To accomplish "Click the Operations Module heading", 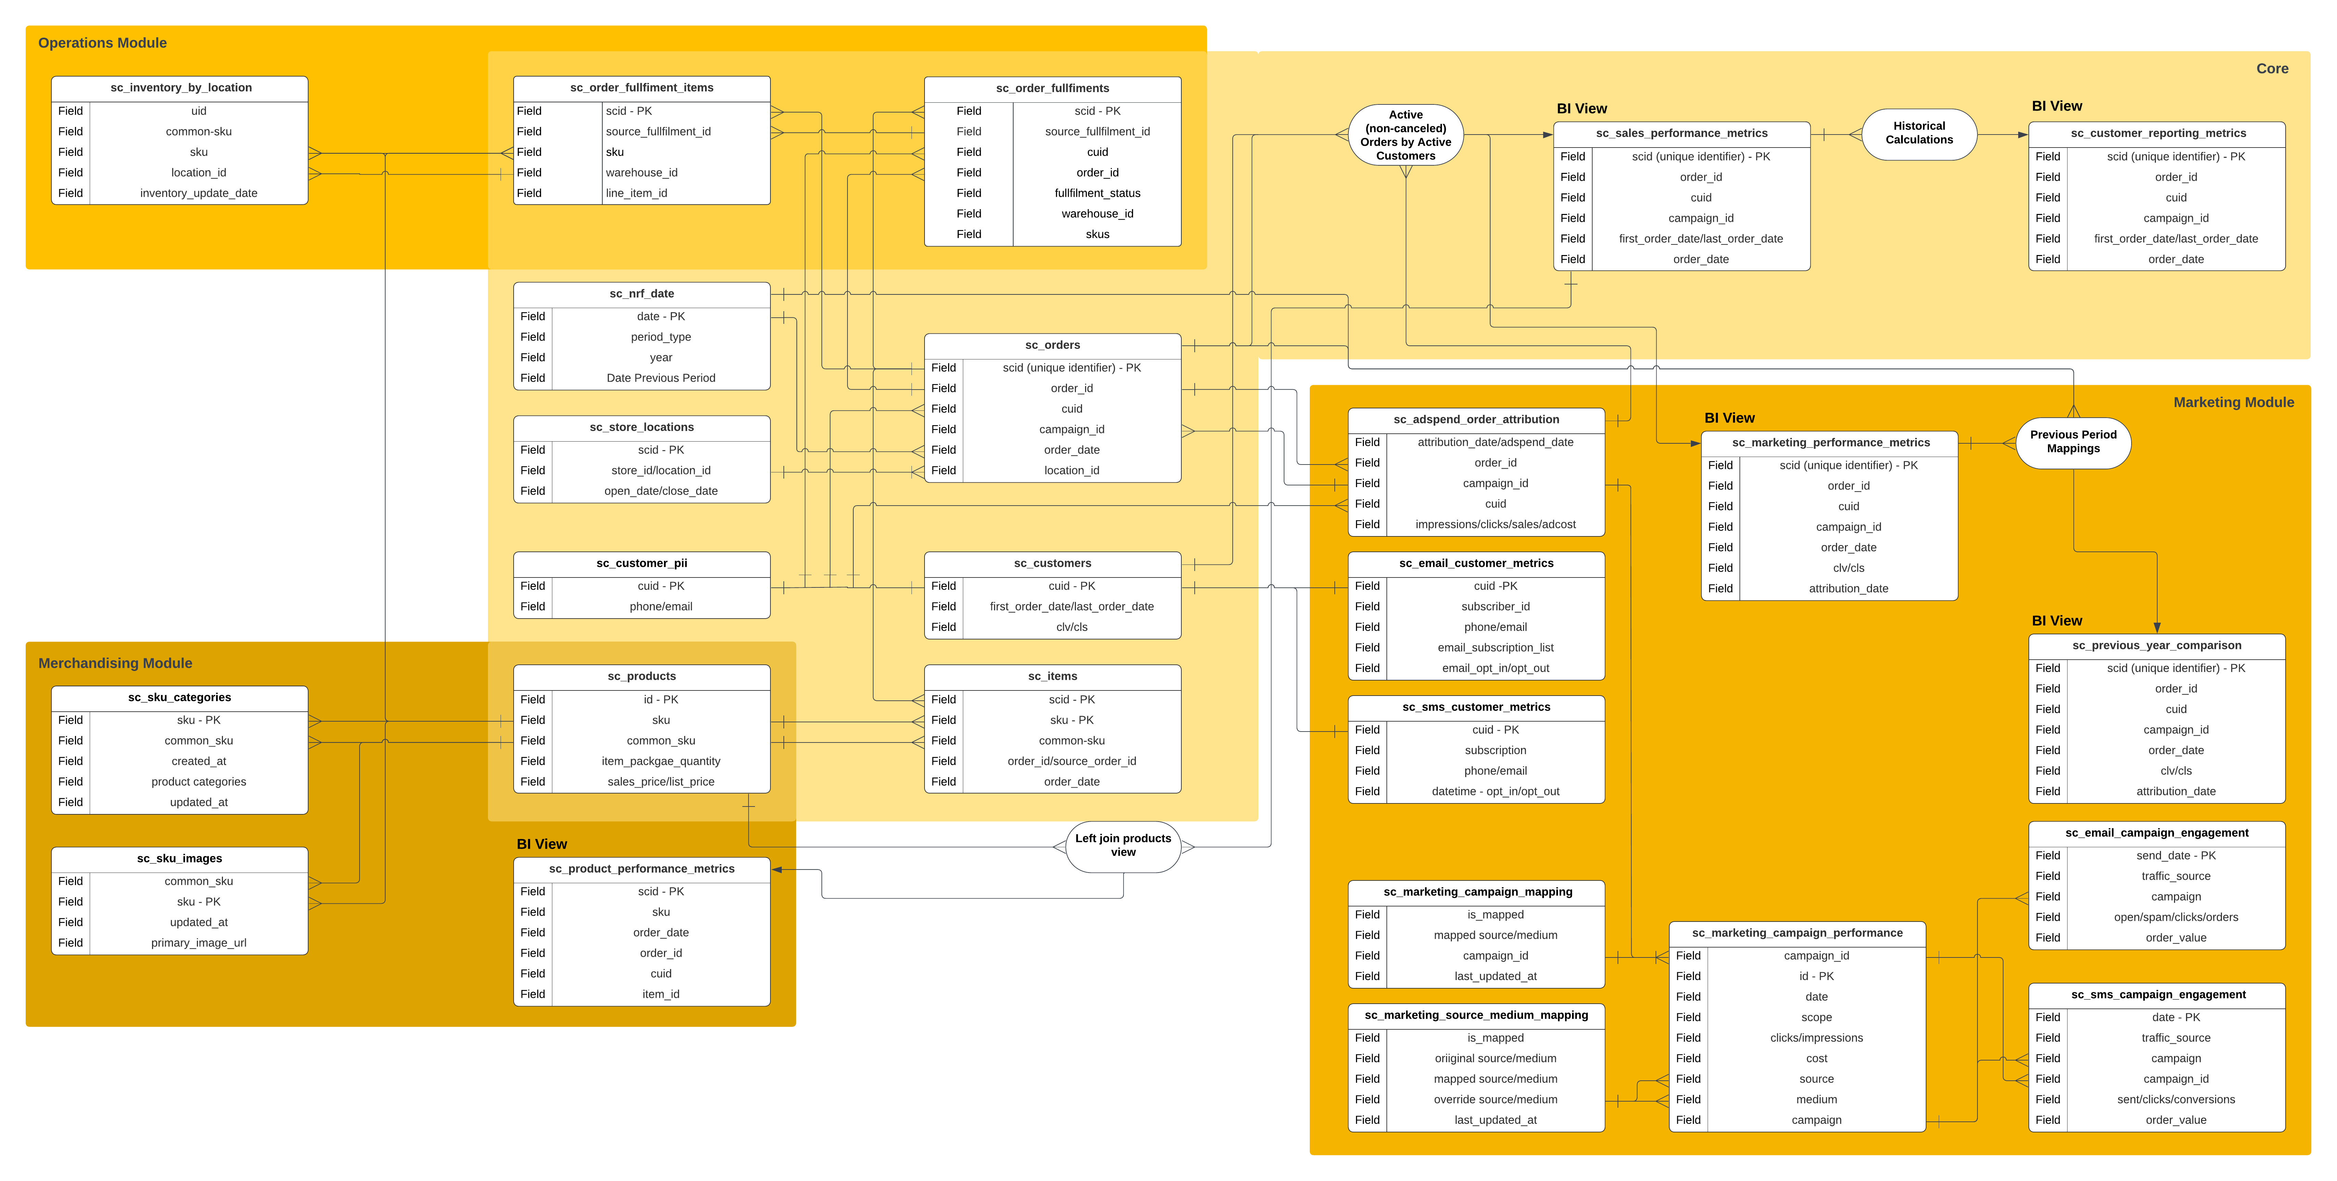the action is [102, 43].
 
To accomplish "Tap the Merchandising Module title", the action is [115, 663].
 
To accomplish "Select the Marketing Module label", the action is [2234, 402].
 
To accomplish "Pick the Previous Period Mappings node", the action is [2073, 442].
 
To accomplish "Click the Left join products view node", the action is [1123, 846].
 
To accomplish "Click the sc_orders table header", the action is [1052, 345].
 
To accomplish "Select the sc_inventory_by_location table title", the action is [180, 88].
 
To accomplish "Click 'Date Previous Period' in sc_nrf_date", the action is [661, 378].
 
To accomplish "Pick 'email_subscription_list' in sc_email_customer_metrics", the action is [1495, 648].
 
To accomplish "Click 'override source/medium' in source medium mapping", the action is [1495, 1100].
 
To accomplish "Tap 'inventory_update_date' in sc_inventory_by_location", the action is [199, 193].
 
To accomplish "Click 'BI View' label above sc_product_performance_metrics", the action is [542, 845].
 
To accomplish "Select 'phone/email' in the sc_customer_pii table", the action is [661, 607].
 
